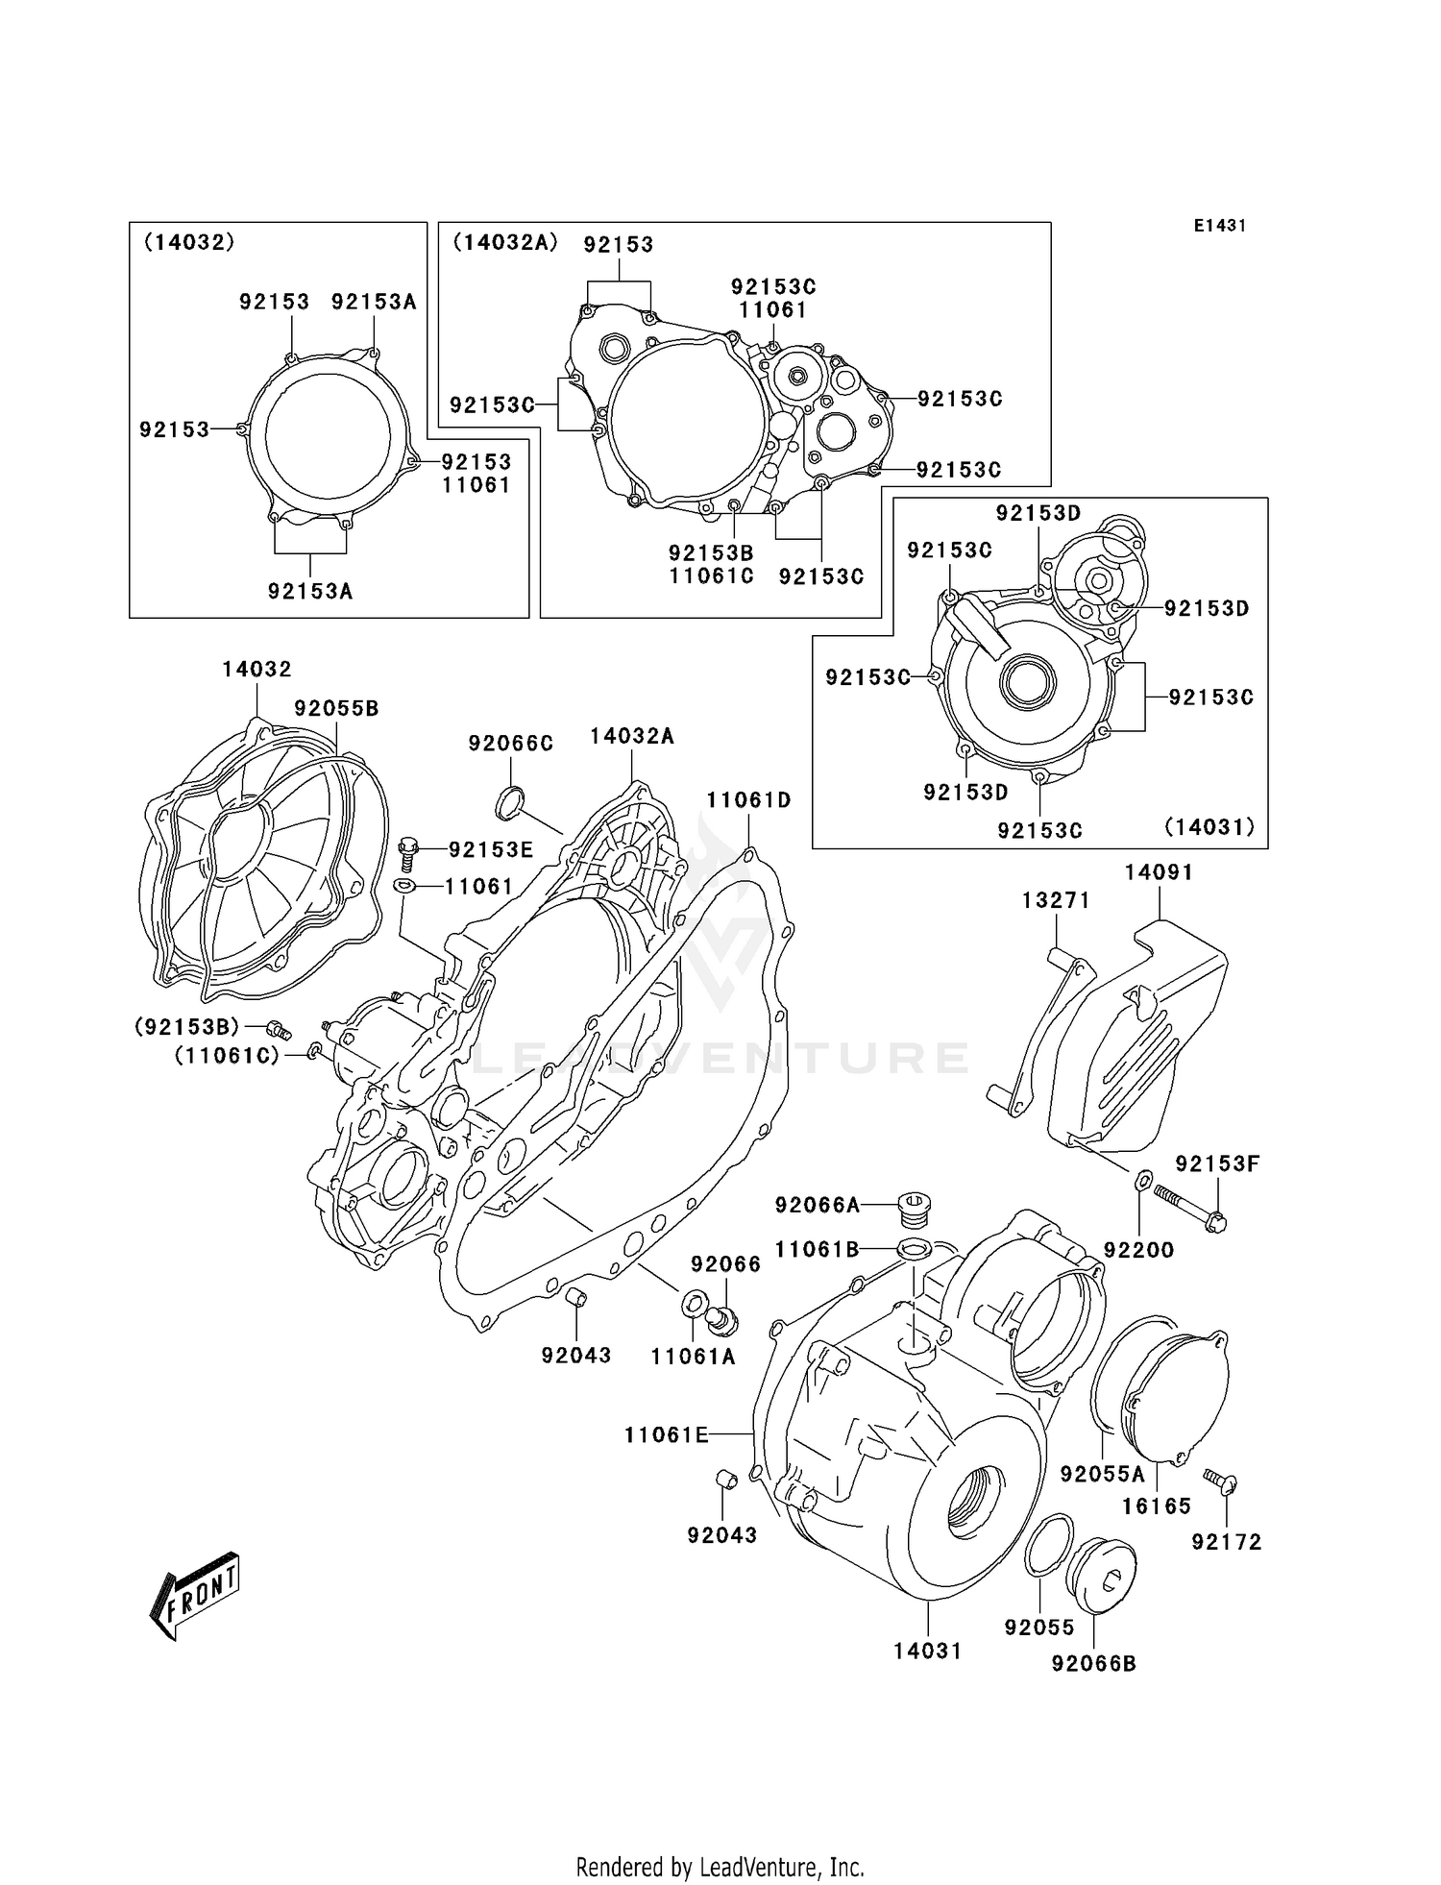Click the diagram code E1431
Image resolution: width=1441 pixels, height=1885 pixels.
click(x=1220, y=226)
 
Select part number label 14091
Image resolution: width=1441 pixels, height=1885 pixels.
click(x=1159, y=872)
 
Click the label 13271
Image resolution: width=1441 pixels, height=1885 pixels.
click(x=1056, y=900)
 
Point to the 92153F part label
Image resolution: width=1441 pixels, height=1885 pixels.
click(x=1217, y=1163)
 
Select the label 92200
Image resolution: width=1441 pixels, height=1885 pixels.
click(x=1138, y=1250)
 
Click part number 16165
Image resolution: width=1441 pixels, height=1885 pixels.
click(x=1157, y=1506)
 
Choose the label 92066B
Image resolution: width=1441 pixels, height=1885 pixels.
click(x=1093, y=1663)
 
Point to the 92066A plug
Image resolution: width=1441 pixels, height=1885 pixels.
click(x=915, y=1207)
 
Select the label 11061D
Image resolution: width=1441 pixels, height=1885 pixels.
click(x=748, y=800)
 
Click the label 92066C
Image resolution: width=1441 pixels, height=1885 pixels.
click(x=511, y=744)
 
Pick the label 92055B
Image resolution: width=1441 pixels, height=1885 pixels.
click(x=336, y=708)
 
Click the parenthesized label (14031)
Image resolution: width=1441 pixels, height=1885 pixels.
click(x=1209, y=826)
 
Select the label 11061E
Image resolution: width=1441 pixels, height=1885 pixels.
click(x=666, y=1434)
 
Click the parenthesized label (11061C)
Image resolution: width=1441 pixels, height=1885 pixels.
click(x=227, y=1056)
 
